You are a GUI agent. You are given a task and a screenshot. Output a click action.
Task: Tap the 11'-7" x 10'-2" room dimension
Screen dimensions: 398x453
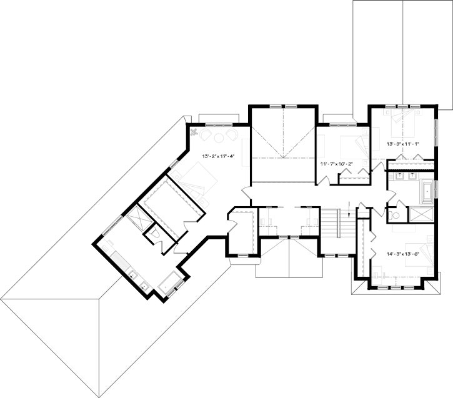[337, 164]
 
